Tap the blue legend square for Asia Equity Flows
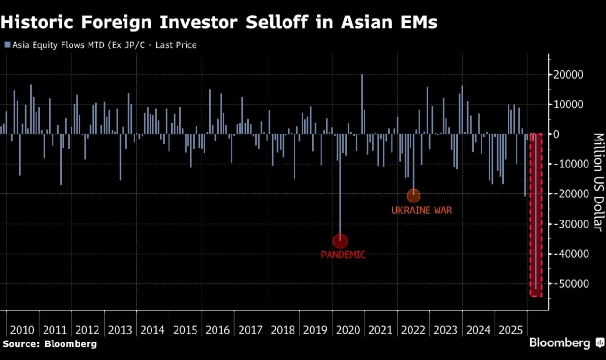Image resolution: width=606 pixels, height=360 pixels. (x=7, y=45)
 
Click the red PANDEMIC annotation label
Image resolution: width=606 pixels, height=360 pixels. (x=343, y=255)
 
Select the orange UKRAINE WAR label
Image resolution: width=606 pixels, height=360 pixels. (x=421, y=210)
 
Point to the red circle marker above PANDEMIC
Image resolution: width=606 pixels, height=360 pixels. (x=340, y=241)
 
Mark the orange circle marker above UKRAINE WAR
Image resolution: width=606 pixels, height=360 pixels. (x=413, y=195)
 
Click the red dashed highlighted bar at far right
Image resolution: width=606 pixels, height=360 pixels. (x=535, y=215)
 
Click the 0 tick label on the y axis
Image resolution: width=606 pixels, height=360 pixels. (x=556, y=134)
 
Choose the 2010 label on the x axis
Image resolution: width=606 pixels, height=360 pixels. (x=22, y=330)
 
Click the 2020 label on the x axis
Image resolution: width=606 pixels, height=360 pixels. (x=348, y=330)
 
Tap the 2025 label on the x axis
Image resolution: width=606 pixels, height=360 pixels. (x=511, y=330)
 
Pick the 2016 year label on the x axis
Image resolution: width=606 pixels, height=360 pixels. (x=218, y=330)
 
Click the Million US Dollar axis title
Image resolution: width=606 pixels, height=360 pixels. (x=598, y=182)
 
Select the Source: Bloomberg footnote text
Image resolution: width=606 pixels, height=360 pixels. (x=49, y=344)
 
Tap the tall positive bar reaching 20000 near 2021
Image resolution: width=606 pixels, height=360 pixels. (x=362, y=104)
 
